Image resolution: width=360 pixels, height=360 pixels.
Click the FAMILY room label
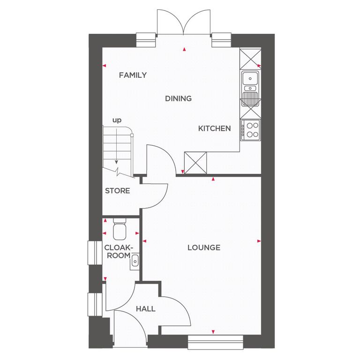[x=133, y=75]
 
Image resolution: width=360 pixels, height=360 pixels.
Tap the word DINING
[x=179, y=98]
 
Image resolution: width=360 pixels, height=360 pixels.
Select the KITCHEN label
[x=214, y=128]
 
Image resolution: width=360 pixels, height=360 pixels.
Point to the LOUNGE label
[x=204, y=247]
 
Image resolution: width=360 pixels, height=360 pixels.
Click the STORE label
[x=117, y=191]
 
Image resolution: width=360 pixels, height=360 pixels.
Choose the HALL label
[x=146, y=309]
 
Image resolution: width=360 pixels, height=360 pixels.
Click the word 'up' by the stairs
[x=117, y=120]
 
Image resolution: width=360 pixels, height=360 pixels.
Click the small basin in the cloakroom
[x=135, y=262]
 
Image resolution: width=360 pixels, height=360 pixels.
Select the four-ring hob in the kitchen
[x=250, y=130]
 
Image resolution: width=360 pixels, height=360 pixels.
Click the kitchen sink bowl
[x=250, y=78]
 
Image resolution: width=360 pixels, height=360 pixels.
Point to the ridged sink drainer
[x=250, y=99]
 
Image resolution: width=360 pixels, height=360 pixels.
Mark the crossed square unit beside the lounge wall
[x=195, y=163]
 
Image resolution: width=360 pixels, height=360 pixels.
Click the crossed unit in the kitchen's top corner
[x=250, y=59]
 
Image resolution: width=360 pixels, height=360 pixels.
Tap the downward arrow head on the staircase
[x=116, y=162]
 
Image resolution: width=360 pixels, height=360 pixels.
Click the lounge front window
[x=215, y=342]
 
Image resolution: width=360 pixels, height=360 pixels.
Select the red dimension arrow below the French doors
[x=184, y=49]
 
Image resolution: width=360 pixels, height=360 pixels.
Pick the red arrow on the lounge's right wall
[x=259, y=241]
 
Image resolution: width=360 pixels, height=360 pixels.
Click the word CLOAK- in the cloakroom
[x=119, y=247]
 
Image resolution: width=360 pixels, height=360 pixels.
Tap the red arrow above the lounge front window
[x=213, y=332]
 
